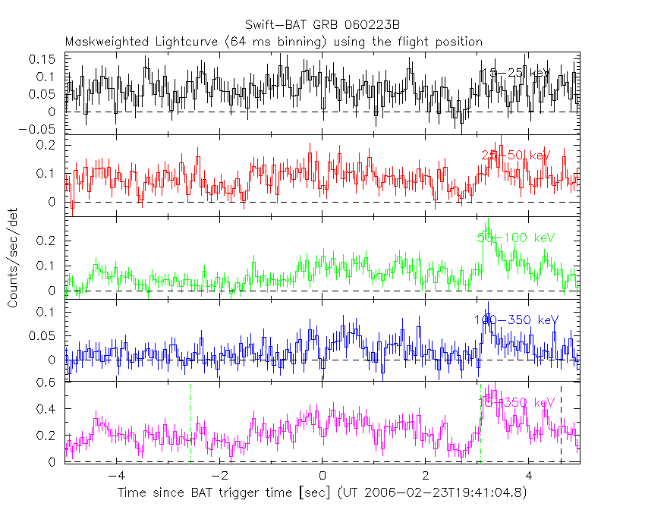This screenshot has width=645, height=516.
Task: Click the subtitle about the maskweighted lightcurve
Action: (x=273, y=42)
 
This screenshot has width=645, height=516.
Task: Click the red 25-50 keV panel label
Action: (x=516, y=156)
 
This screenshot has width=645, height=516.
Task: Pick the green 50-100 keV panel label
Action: (x=516, y=238)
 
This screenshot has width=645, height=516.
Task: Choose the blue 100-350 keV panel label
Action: (x=516, y=320)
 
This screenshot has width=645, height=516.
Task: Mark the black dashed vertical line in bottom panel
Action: (x=561, y=425)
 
